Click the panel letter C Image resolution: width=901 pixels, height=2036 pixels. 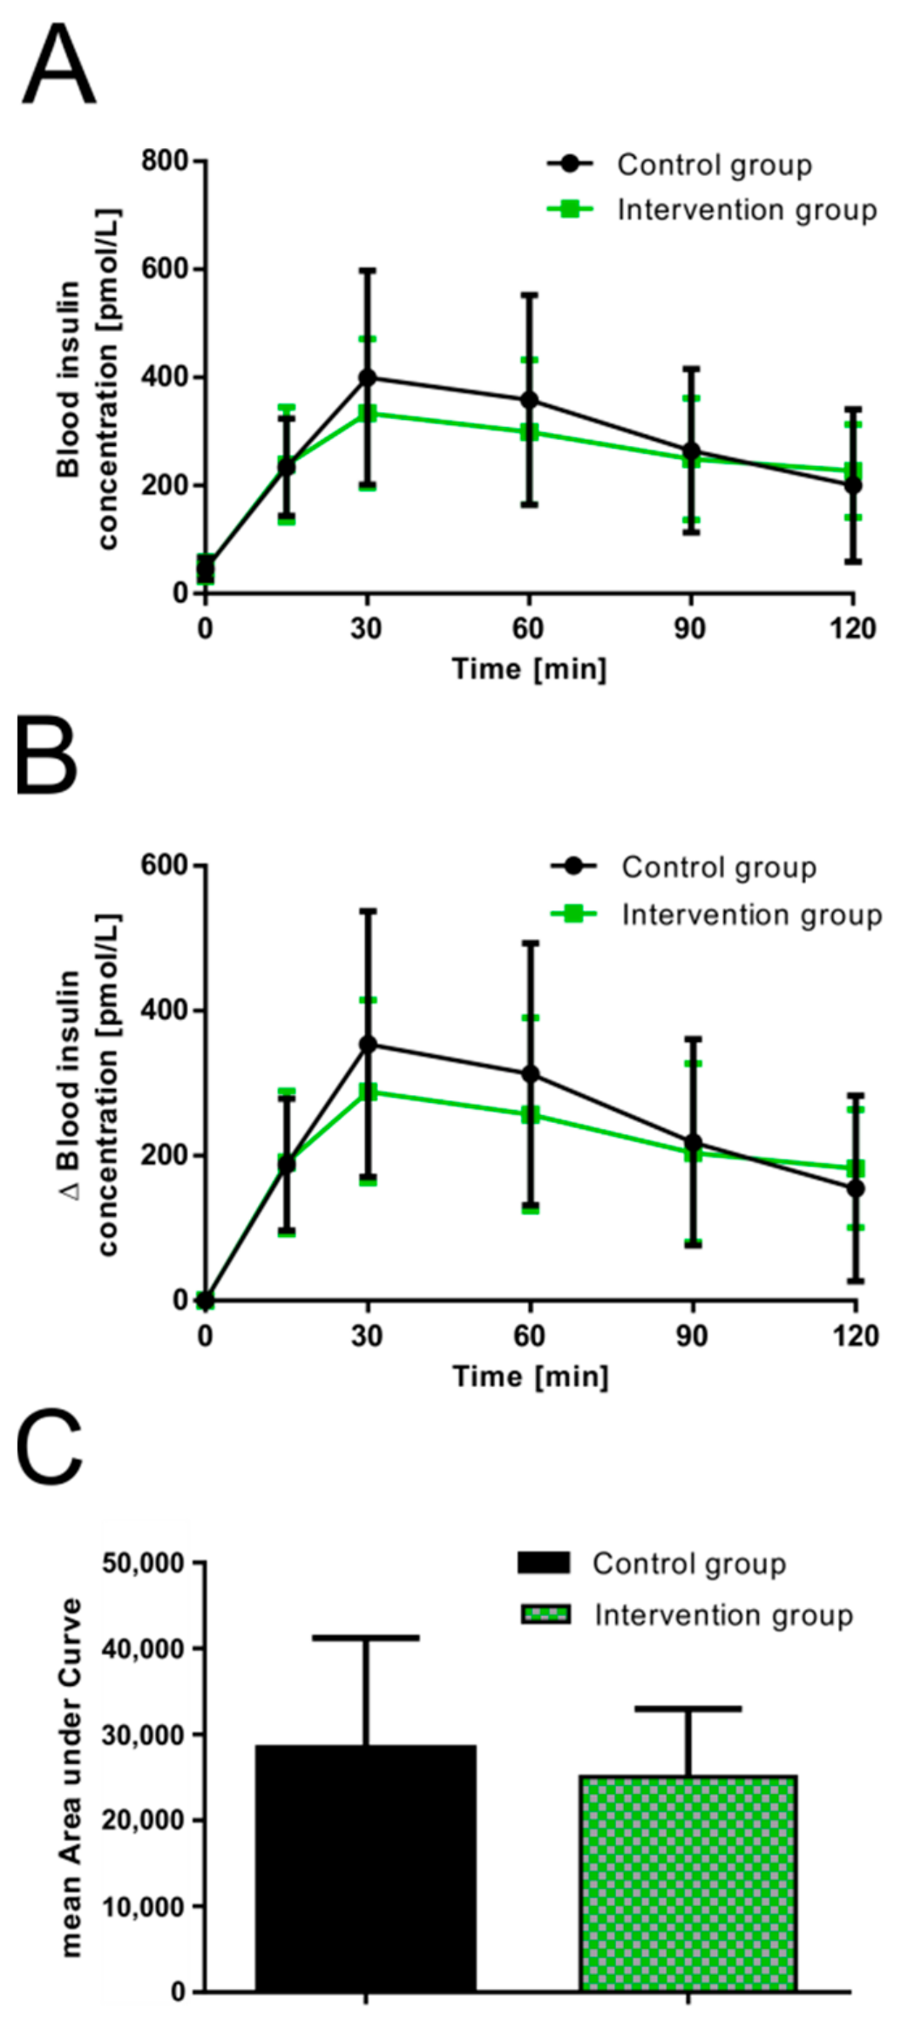pos(50,1448)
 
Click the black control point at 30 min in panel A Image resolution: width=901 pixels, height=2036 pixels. pos(367,377)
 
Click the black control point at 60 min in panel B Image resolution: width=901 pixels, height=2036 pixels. pos(529,1074)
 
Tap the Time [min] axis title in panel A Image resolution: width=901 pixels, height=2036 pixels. pos(529,669)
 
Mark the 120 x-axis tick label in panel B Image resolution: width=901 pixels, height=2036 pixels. pos(855,1336)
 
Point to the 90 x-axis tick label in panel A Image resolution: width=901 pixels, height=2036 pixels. pos(689,628)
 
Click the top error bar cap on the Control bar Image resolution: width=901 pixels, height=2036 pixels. pos(366,1638)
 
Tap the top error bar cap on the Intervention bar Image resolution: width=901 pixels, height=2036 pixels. pos(688,1709)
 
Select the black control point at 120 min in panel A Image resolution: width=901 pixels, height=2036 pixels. pos(853,485)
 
